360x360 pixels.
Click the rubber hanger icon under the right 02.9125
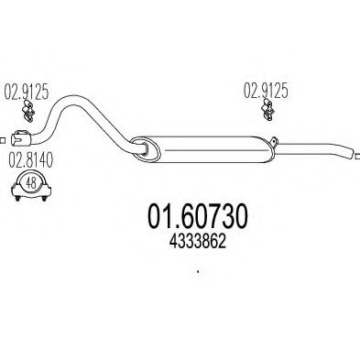click(x=268, y=113)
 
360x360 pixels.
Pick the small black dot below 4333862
click(x=198, y=270)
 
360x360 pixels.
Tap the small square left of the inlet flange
click(x=3, y=139)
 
